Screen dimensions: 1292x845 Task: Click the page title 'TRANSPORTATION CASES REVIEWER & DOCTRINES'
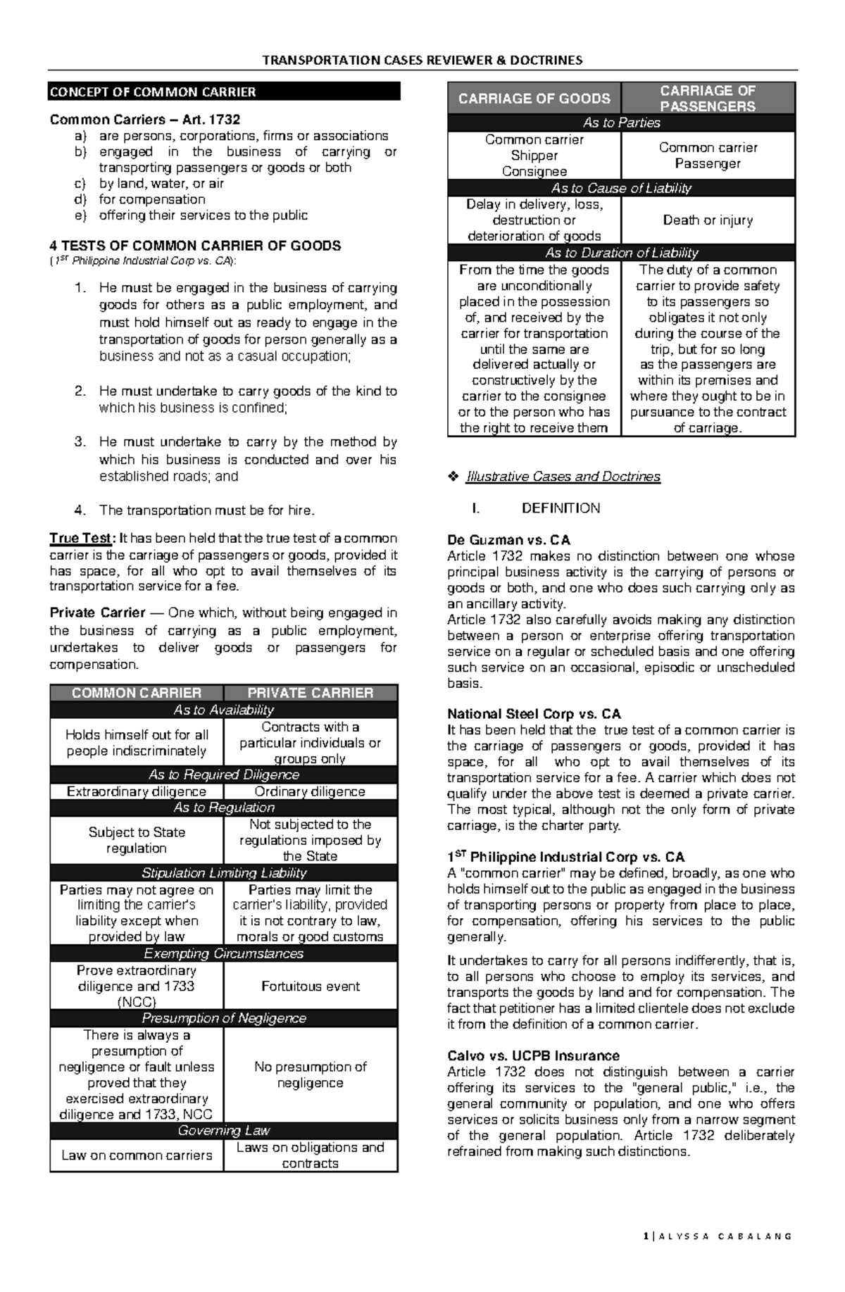pyautogui.click(x=422, y=60)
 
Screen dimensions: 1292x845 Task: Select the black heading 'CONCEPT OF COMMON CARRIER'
pyautogui.click(x=153, y=92)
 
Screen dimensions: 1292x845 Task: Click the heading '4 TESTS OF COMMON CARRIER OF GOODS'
pyautogui.click(x=195, y=246)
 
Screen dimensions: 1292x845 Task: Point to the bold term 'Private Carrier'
pyautogui.click(x=97, y=613)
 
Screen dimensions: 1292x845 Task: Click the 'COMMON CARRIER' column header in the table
pyautogui.click(x=137, y=693)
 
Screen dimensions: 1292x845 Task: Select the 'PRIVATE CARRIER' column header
pyautogui.click(x=311, y=693)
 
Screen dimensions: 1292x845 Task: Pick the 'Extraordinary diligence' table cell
pyautogui.click(x=137, y=791)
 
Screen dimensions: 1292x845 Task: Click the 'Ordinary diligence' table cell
pyautogui.click(x=310, y=791)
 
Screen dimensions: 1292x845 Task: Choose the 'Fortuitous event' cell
pyautogui.click(x=310, y=986)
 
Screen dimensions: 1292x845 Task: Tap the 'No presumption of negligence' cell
pyautogui.click(x=310, y=1074)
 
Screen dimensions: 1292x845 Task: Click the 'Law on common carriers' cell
pyautogui.click(x=137, y=1155)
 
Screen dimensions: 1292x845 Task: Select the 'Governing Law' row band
pyautogui.click(x=224, y=1131)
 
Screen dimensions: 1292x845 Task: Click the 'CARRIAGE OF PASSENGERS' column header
pyautogui.click(x=708, y=99)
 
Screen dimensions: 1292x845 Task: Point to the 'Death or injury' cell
pyautogui.click(x=708, y=220)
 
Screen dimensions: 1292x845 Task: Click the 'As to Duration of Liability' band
pyautogui.click(x=622, y=253)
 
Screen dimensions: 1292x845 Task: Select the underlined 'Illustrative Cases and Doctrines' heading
pyautogui.click(x=563, y=477)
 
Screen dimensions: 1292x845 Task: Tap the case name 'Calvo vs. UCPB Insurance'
pyautogui.click(x=533, y=1055)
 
